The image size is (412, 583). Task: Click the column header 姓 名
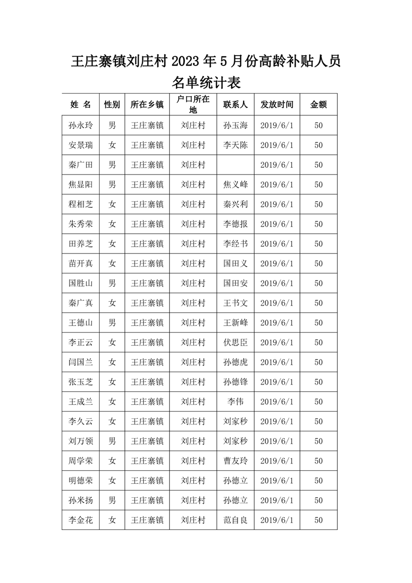pos(81,104)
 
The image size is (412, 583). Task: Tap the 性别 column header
pos(112,104)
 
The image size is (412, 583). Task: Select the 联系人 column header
pos(235,104)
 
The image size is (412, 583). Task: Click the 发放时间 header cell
pos(277,104)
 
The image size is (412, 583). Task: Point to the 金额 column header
pos(318,104)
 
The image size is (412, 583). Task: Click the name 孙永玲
pos(81,126)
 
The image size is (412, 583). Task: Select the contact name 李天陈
pos(235,145)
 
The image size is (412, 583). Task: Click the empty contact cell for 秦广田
pos(235,165)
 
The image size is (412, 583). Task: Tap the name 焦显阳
pos(81,185)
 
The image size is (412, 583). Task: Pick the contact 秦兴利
pos(235,205)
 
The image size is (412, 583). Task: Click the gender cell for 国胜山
pos(112,284)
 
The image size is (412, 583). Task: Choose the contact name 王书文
pos(235,303)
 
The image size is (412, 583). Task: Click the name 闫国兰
pos(81,363)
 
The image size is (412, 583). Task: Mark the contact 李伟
pos(235,402)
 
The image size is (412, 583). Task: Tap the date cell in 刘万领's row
pos(277,442)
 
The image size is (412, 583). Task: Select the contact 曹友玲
pos(235,461)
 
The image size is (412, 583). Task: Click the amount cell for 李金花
pos(318,521)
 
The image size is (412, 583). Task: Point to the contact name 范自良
pos(235,521)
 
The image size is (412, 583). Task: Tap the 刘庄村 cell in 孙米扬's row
pos(193,501)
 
